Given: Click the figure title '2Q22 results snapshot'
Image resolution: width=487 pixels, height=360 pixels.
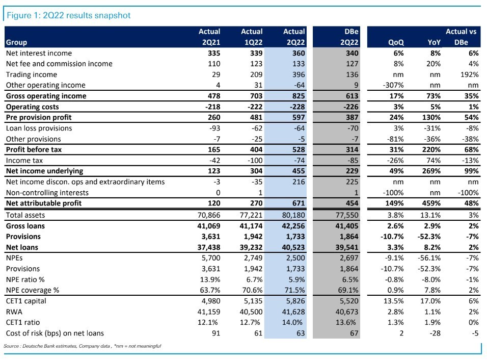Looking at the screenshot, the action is click(x=87, y=15).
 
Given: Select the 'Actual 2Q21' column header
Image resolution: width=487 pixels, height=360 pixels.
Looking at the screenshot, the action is click(x=209, y=37).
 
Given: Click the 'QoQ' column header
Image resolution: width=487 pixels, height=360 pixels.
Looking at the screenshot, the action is click(x=396, y=42).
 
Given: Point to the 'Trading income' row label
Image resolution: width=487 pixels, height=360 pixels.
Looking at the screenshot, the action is click(x=32, y=74).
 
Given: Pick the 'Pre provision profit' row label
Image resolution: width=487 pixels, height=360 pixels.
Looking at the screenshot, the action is click(x=39, y=117).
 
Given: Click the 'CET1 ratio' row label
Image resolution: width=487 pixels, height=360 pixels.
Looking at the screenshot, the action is click(x=23, y=322).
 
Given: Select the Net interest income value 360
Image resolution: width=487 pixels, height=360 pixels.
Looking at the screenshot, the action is click(x=299, y=53).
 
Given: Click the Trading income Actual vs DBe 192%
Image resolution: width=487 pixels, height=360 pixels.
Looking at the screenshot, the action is click(x=469, y=74).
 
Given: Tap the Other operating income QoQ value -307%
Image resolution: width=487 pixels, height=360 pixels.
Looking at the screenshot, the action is click(x=393, y=85).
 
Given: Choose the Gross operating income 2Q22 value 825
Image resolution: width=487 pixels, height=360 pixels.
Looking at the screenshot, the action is click(x=299, y=96).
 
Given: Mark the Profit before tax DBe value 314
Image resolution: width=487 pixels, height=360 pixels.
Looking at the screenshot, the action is click(x=352, y=149).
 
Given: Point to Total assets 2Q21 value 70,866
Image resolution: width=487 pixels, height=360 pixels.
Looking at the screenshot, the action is click(x=209, y=215).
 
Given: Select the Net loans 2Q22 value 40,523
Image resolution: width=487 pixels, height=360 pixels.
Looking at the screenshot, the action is click(x=293, y=247).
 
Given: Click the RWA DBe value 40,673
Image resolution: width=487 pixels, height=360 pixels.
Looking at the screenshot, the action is click(x=347, y=312).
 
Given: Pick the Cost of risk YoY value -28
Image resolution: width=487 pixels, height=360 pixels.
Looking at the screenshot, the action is click(x=435, y=333).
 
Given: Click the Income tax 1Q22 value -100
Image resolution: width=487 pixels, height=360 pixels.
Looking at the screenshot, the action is click(x=255, y=161).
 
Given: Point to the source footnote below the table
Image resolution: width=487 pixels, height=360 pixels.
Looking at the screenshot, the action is click(x=83, y=346).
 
